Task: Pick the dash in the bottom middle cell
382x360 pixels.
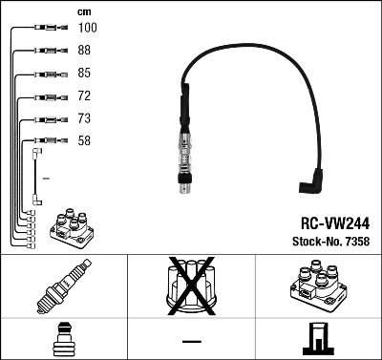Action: pos(191,340)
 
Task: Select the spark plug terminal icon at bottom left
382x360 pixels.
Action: pos(63,340)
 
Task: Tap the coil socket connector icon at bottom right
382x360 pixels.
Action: pos(318,340)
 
